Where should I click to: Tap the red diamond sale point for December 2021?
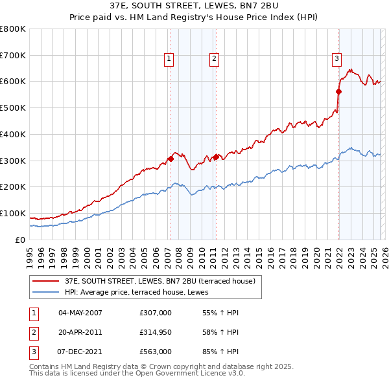click(x=338, y=91)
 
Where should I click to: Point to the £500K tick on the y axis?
click(x=13, y=108)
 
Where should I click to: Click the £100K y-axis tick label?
click(x=13, y=213)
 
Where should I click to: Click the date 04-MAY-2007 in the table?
click(x=80, y=313)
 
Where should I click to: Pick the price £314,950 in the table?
click(x=155, y=333)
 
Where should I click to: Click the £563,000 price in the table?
click(x=155, y=353)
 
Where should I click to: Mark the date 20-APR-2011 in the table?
click(x=80, y=333)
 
